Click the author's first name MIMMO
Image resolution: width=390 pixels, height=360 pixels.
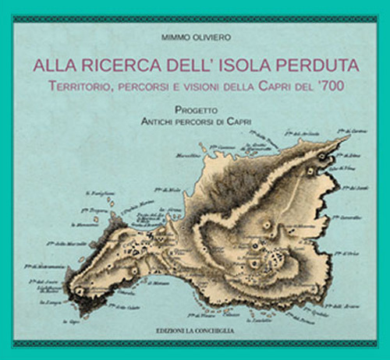click(173, 37)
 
